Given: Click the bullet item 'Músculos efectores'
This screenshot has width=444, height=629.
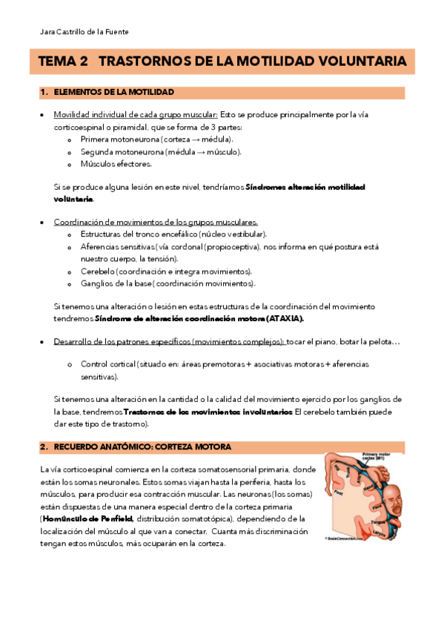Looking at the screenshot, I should click(x=116, y=164).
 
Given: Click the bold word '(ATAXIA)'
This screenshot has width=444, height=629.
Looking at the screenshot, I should click(x=282, y=318).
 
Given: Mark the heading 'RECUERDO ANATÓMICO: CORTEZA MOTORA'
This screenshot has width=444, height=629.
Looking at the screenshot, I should click(x=142, y=447).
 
